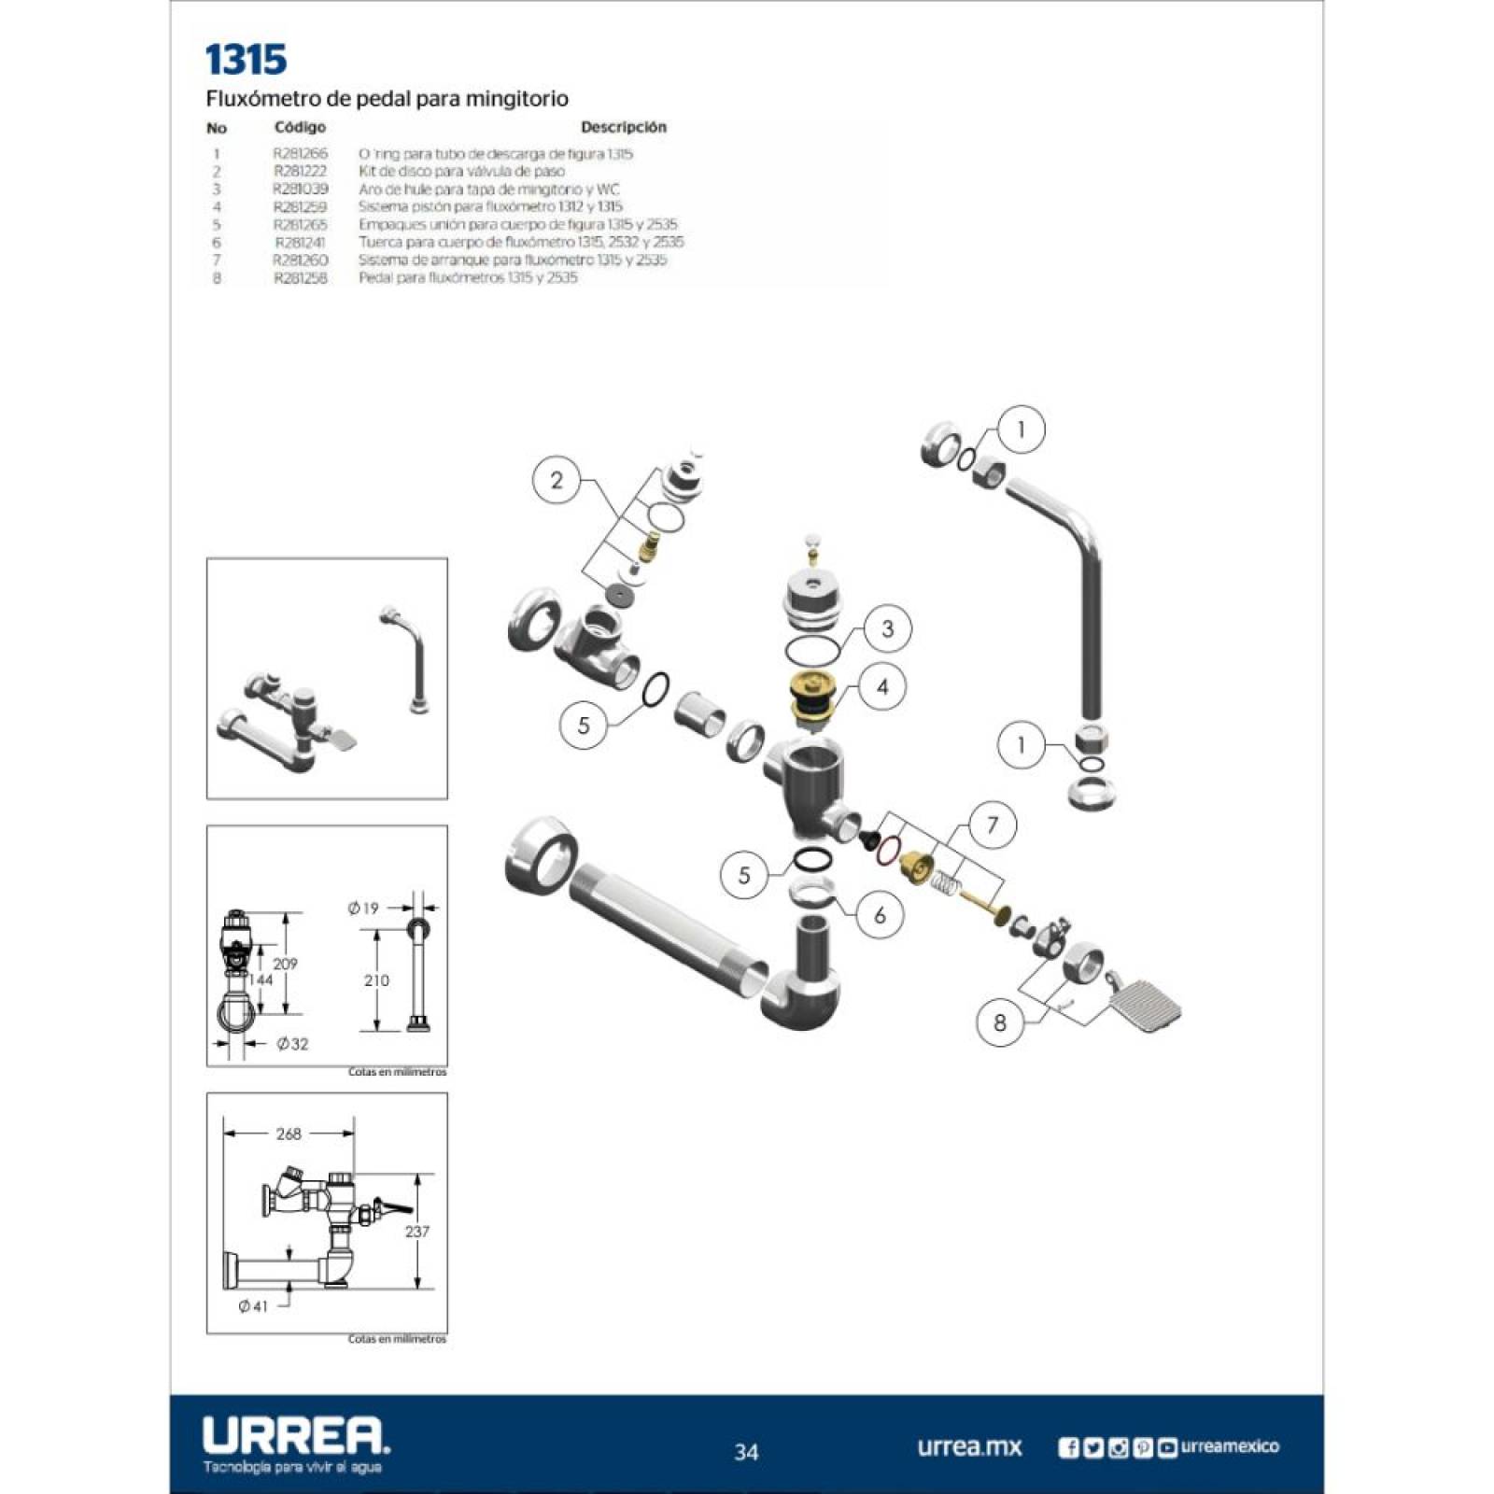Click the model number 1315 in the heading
pos(246,59)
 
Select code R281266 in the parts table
pos(300,153)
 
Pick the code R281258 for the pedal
pos(300,278)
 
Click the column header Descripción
pos(623,127)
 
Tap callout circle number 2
pos(557,481)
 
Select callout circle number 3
pos(886,628)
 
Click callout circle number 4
pos(881,687)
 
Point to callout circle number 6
pos(879,915)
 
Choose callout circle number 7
pos(992,825)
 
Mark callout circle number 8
pos(1000,1022)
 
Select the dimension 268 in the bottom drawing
pos(289,1134)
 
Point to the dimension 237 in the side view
pos(416,1232)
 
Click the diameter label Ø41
pos(253,1306)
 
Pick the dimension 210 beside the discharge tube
pos(376,980)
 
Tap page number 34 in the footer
pos(746,1452)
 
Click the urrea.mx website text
pos(969,1447)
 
